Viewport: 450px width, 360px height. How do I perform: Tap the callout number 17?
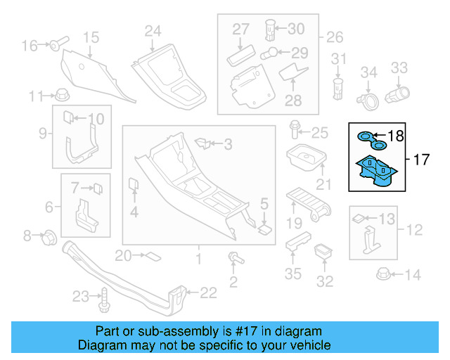(420, 160)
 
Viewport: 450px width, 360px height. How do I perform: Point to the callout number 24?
(153, 30)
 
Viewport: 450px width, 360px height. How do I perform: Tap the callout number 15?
(91, 37)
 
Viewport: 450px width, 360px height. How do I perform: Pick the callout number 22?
(209, 292)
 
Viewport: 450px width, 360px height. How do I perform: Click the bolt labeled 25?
(295, 131)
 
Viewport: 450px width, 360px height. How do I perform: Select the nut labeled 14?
(384, 274)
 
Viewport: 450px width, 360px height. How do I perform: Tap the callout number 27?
(241, 30)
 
